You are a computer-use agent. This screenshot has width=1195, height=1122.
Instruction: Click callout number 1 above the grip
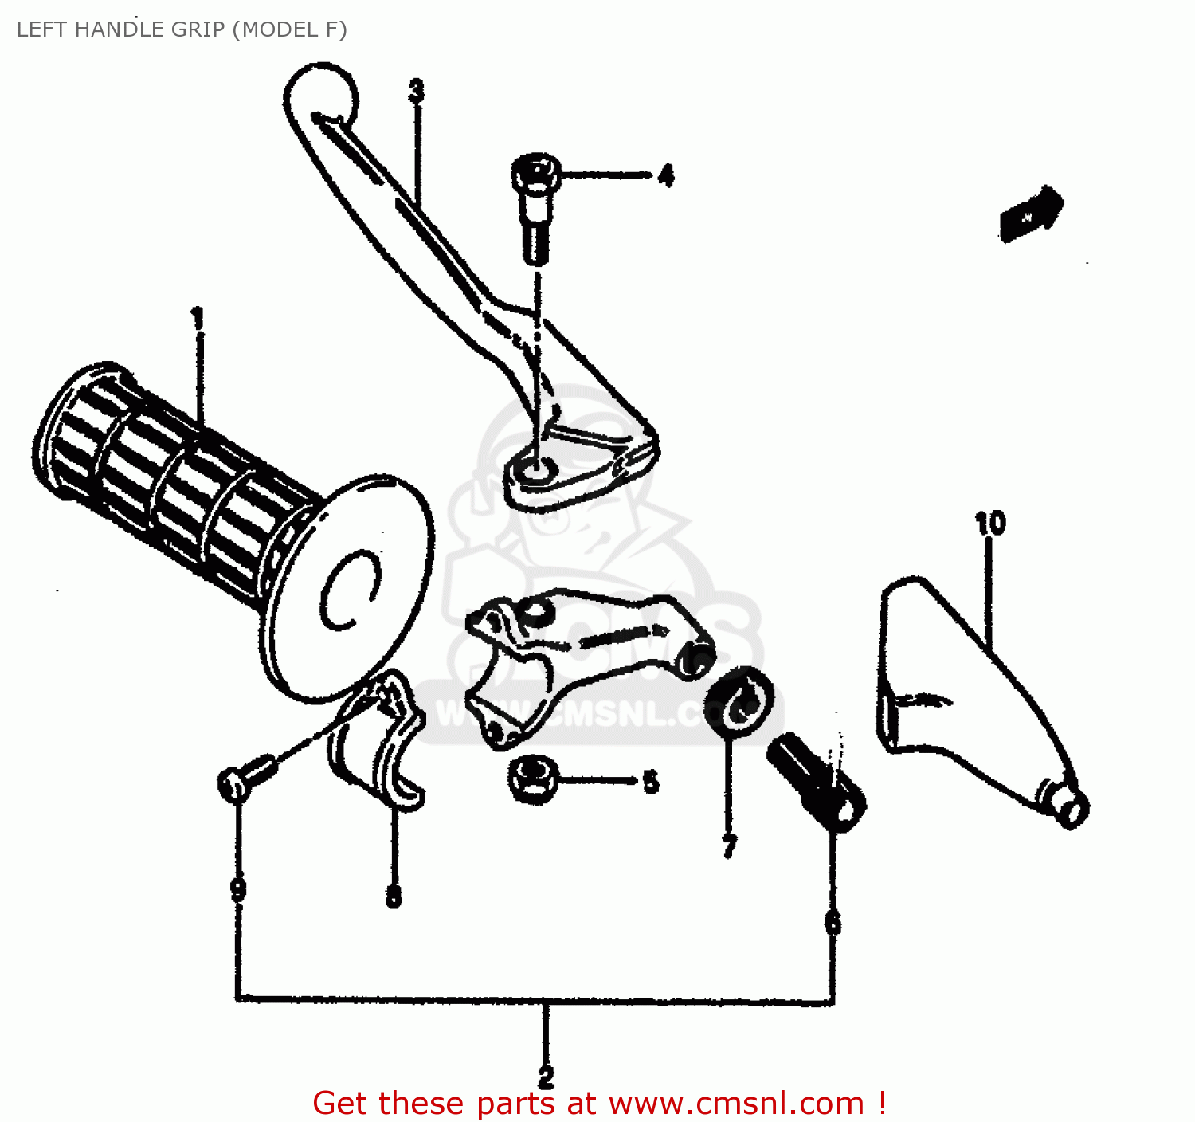click(x=197, y=318)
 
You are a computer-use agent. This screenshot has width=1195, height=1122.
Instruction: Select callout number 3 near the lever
click(x=416, y=91)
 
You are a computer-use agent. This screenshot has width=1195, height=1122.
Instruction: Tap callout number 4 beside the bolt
click(x=666, y=175)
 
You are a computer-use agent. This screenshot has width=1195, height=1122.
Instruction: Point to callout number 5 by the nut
click(x=651, y=782)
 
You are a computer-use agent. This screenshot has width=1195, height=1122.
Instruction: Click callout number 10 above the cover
click(x=990, y=524)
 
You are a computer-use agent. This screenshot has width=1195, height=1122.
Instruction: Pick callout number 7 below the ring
click(x=729, y=847)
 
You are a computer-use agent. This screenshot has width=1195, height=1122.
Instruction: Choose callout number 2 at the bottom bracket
click(x=546, y=1077)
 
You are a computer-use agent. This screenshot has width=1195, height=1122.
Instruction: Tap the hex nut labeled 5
click(x=532, y=778)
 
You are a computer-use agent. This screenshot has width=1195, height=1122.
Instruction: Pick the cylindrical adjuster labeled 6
click(x=817, y=782)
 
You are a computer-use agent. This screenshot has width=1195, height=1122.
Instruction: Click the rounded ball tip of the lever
click(x=320, y=91)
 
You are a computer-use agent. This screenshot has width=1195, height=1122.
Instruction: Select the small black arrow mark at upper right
click(x=1030, y=213)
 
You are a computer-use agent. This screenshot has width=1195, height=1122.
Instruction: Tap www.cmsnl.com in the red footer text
click(x=736, y=1104)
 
